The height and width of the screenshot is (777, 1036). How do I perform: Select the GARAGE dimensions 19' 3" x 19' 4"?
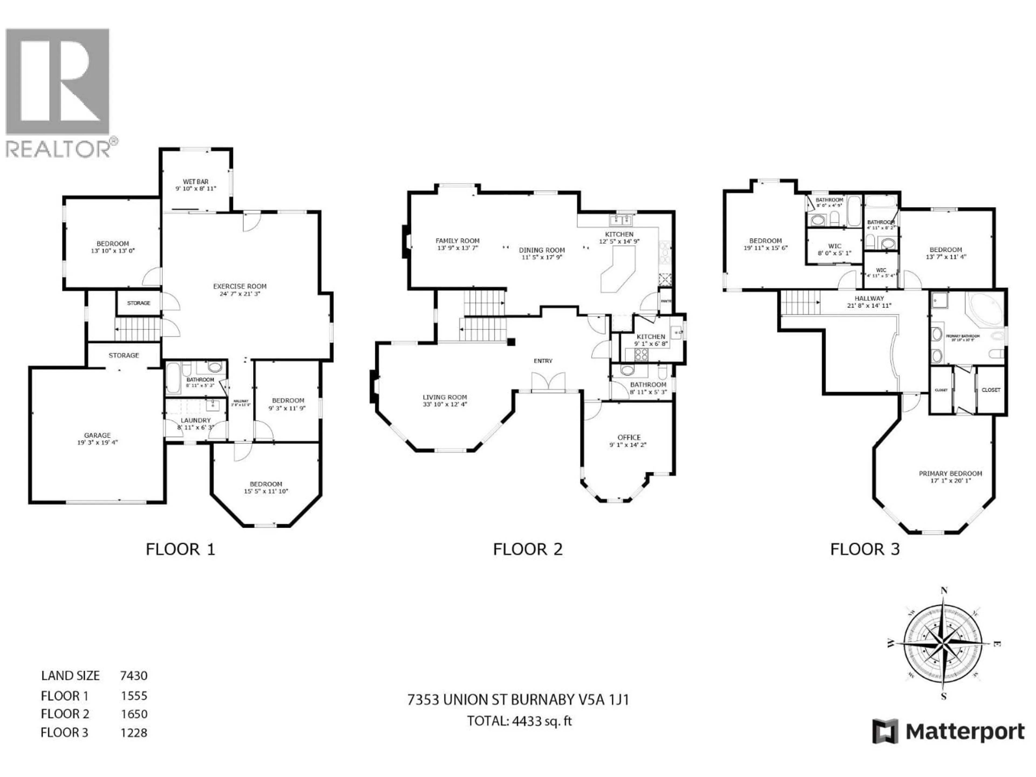click(x=97, y=442)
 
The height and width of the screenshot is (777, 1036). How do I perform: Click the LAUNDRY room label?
click(x=196, y=420)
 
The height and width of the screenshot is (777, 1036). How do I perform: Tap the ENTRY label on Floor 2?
click(x=543, y=361)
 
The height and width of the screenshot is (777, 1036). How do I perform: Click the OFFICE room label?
click(x=629, y=437)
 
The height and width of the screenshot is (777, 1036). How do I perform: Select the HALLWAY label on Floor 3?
click(x=869, y=298)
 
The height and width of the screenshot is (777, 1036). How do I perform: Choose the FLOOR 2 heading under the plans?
click(x=527, y=549)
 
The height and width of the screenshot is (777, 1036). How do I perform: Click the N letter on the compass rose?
click(x=944, y=591)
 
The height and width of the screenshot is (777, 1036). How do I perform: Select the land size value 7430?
click(x=134, y=675)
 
